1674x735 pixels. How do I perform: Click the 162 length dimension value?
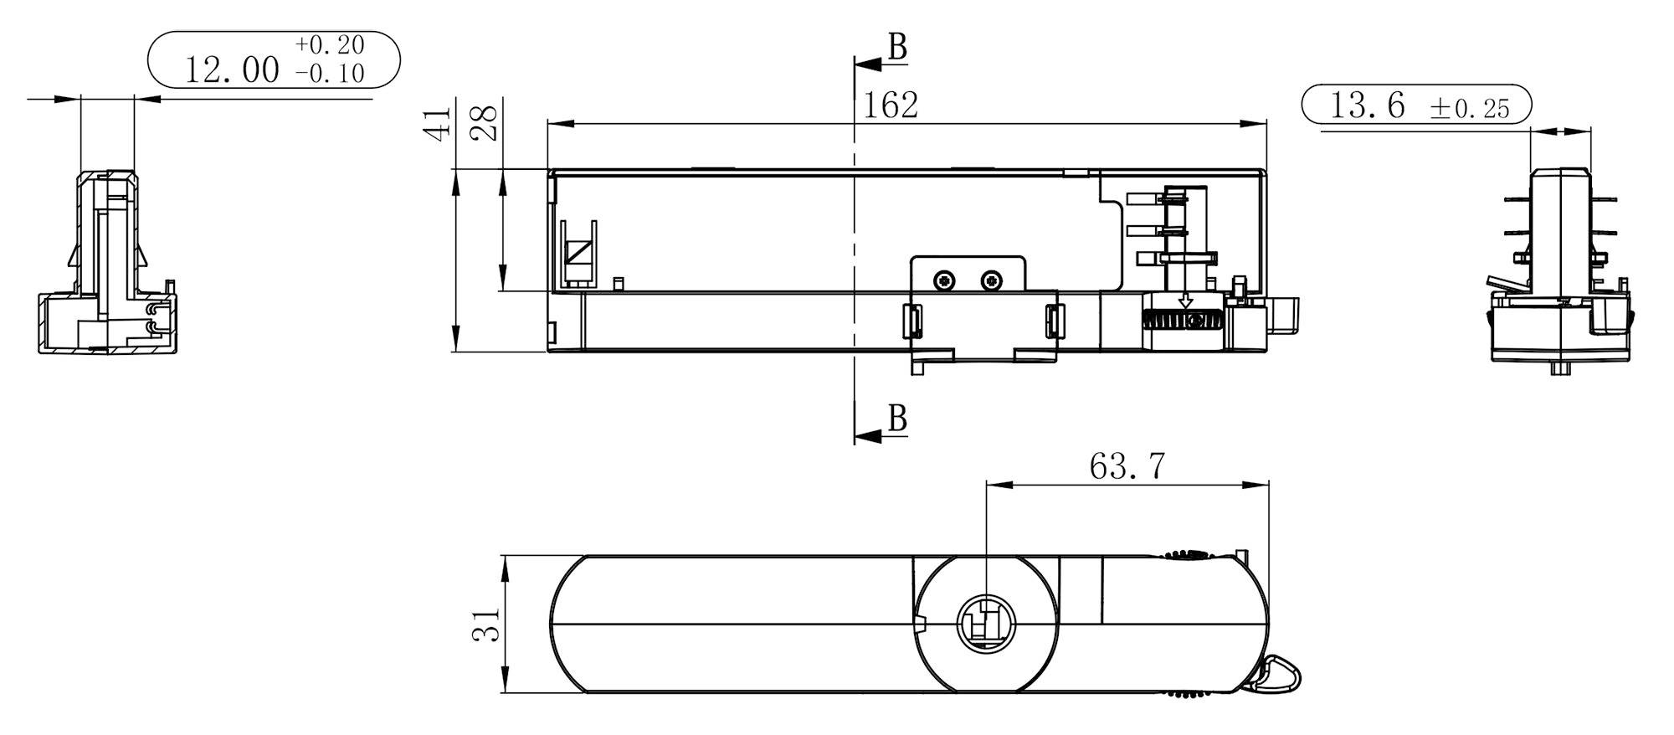tap(891, 105)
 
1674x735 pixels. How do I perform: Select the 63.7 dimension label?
tap(1127, 466)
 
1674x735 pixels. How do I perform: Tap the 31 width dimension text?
tap(486, 624)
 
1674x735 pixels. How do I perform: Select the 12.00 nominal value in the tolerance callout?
tap(232, 70)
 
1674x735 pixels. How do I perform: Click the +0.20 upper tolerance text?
tap(330, 45)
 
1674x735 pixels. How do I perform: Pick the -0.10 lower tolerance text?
tap(330, 75)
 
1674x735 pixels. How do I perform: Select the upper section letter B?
tap(897, 48)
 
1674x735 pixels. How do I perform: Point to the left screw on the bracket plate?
tap(945, 280)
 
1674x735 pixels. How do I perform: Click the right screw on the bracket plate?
tap(991, 280)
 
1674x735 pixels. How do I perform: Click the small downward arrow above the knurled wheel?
tap(1185, 301)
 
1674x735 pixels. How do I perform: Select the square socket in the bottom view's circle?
tap(984, 624)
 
